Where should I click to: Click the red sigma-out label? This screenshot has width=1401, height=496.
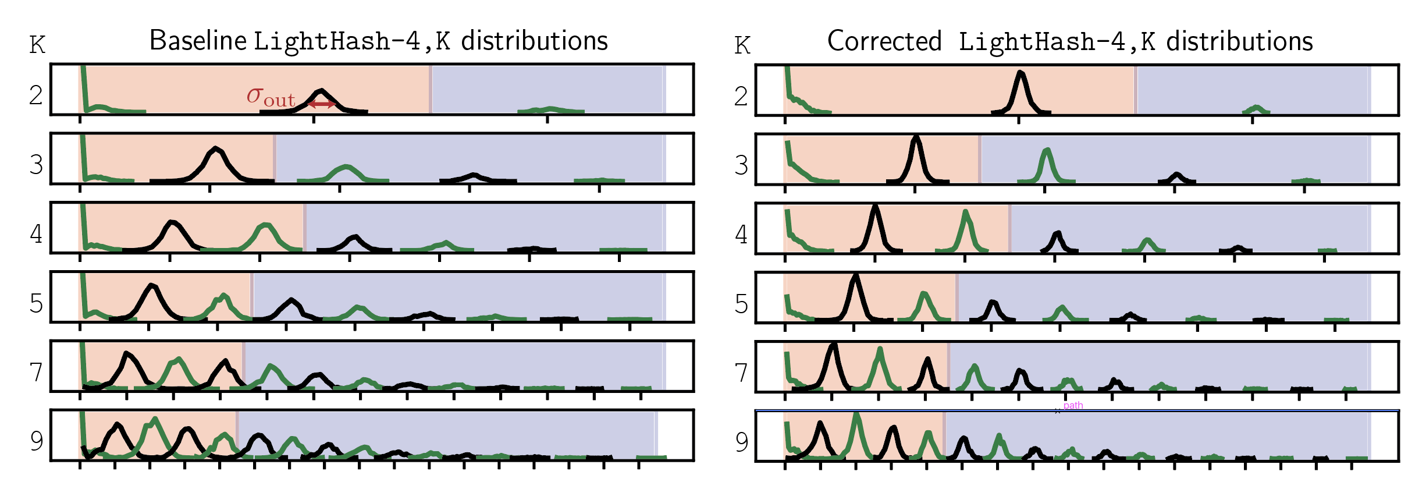(271, 97)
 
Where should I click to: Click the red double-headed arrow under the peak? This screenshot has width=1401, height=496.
(321, 104)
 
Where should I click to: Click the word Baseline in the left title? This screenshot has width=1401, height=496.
(198, 41)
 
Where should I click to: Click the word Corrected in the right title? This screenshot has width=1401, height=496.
(884, 41)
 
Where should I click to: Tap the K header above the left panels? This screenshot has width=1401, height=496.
(37, 45)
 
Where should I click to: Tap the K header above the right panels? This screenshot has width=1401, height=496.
(742, 45)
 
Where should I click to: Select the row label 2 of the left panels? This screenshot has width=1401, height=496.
(36, 95)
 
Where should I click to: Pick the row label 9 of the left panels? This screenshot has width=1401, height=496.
(37, 441)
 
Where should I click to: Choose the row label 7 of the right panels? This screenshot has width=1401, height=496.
(741, 373)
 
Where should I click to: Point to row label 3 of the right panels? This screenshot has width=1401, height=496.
(741, 165)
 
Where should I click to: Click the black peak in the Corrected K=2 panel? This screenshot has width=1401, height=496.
(1020, 73)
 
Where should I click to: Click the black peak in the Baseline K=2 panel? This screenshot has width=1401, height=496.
(321, 91)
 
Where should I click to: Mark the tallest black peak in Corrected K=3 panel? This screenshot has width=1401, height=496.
(916, 138)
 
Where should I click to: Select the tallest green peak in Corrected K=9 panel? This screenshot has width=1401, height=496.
(856, 415)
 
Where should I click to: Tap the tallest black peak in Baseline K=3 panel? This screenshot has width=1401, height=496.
(216, 149)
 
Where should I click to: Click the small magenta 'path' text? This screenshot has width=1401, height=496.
(1073, 405)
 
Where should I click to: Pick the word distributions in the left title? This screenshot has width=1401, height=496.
(534, 41)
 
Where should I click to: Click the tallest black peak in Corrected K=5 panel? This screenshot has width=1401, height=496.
(855, 276)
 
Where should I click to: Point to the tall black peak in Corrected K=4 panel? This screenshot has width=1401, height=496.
(875, 207)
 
